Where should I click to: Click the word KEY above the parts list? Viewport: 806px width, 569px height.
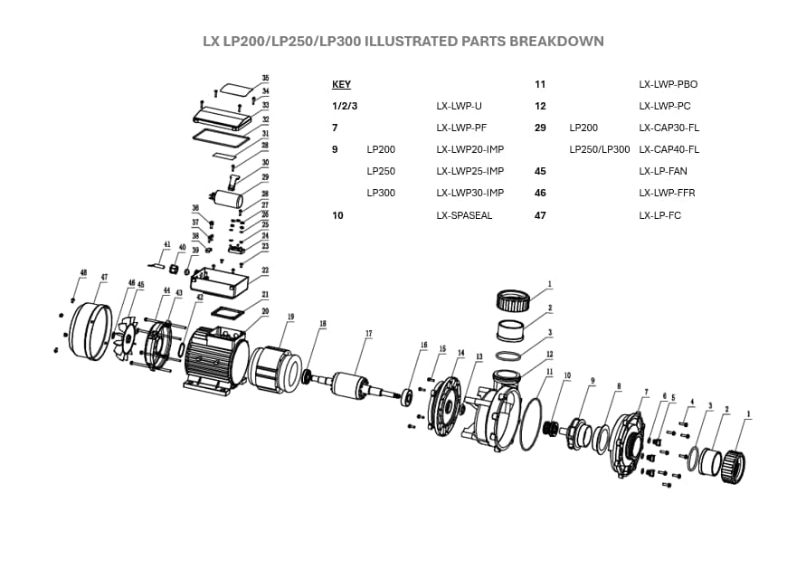click(x=341, y=84)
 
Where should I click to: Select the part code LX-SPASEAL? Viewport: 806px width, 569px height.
click(x=464, y=215)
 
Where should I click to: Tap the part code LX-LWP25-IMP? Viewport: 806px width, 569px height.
click(x=469, y=171)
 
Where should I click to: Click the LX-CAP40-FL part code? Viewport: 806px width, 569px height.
click(x=669, y=149)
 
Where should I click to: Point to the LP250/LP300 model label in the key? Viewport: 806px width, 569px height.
click(x=599, y=149)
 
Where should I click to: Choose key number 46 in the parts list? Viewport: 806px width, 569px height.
click(x=540, y=193)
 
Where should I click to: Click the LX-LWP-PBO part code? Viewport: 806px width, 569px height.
click(x=668, y=84)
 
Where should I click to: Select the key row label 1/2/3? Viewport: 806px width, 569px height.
click(x=345, y=106)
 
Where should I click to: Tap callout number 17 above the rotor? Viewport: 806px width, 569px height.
click(x=368, y=334)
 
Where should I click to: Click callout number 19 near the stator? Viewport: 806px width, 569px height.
click(x=291, y=317)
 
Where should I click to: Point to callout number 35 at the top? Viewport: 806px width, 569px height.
click(x=265, y=78)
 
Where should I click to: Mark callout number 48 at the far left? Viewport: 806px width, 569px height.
click(x=83, y=271)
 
